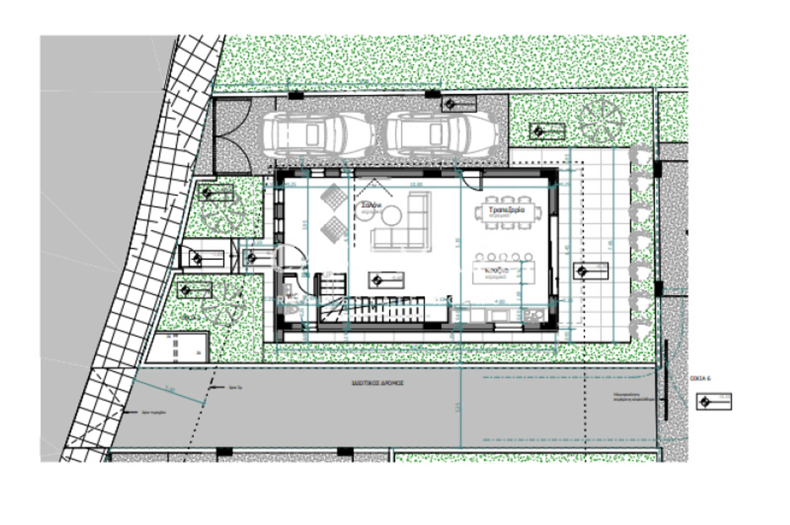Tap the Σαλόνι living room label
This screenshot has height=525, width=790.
point(371,205)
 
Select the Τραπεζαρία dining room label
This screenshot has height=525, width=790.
point(507,210)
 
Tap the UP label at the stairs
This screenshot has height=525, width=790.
point(328,274)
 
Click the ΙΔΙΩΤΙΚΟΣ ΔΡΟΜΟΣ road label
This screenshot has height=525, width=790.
point(377,383)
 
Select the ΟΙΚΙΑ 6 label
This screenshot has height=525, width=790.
point(700,378)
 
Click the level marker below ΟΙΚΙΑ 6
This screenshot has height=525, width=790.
point(713,402)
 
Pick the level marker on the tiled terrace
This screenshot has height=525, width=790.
point(590,271)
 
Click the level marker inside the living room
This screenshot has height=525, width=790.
point(386,280)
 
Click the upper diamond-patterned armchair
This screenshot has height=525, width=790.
point(333,197)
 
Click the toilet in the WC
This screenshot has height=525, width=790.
point(292,308)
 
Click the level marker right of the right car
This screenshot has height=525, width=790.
point(459,104)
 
